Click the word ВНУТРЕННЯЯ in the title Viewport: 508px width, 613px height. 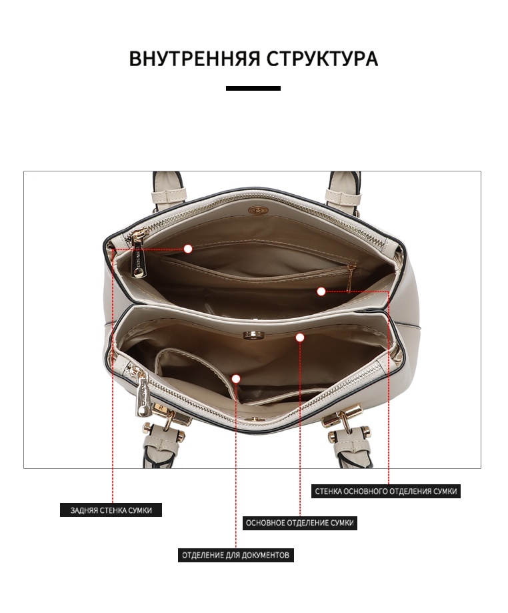click(194, 59)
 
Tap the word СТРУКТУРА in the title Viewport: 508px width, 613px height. click(323, 59)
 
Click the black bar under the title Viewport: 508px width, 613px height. click(253, 88)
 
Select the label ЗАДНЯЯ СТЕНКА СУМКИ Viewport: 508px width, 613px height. click(111, 510)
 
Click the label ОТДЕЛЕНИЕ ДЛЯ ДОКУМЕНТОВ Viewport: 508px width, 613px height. click(235, 555)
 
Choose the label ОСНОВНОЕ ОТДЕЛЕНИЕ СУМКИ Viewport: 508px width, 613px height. click(300, 523)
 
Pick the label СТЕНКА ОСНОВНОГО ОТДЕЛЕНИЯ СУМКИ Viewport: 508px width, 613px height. click(386, 491)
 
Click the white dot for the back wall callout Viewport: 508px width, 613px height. click(188, 249)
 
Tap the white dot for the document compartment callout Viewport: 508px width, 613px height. click(235, 378)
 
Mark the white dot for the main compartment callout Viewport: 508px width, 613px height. click(300, 338)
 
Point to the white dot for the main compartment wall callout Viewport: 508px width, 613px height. click(321, 291)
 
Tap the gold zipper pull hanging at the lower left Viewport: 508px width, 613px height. click(142, 395)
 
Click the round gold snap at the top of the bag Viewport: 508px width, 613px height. click(257, 210)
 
